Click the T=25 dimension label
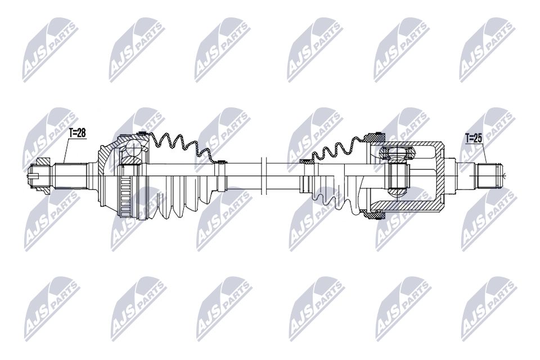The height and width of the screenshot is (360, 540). pyautogui.click(x=474, y=137)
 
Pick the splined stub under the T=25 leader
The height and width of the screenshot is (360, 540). pyautogui.click(x=488, y=175)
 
